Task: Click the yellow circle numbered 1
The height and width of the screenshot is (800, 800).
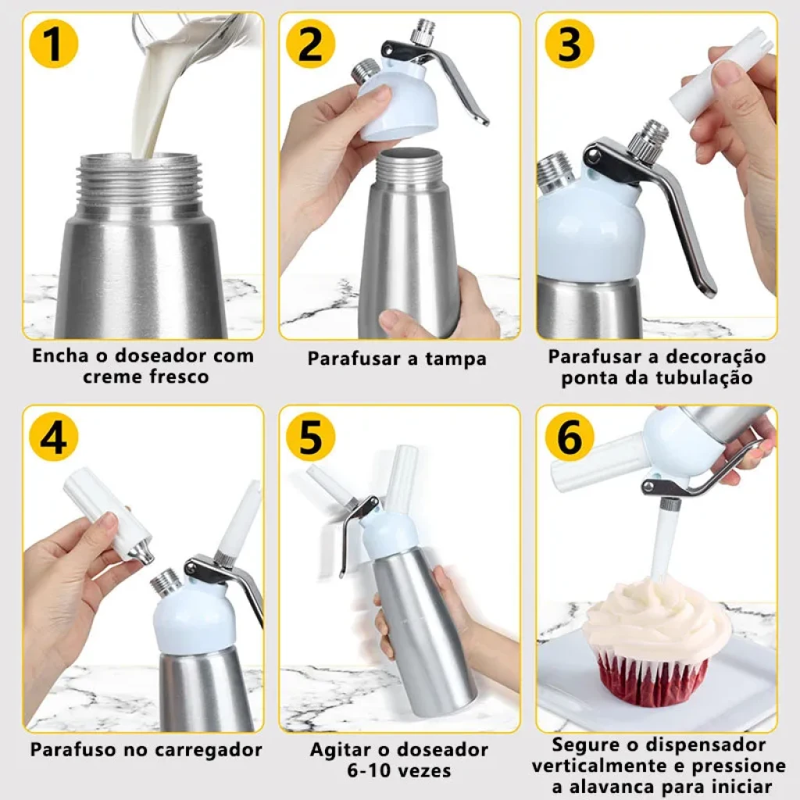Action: (x=54, y=44)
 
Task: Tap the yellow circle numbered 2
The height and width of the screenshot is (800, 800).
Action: (x=310, y=44)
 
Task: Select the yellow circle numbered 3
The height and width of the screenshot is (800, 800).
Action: (x=570, y=44)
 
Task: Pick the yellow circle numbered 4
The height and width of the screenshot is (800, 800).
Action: (x=54, y=437)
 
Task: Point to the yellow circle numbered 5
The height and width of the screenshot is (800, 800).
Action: (x=310, y=437)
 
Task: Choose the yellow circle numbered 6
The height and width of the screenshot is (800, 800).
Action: (x=570, y=437)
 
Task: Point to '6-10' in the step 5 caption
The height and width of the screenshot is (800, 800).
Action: (x=370, y=770)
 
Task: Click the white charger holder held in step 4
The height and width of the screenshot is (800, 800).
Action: (x=108, y=512)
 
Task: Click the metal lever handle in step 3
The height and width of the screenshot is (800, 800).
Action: (x=663, y=204)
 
